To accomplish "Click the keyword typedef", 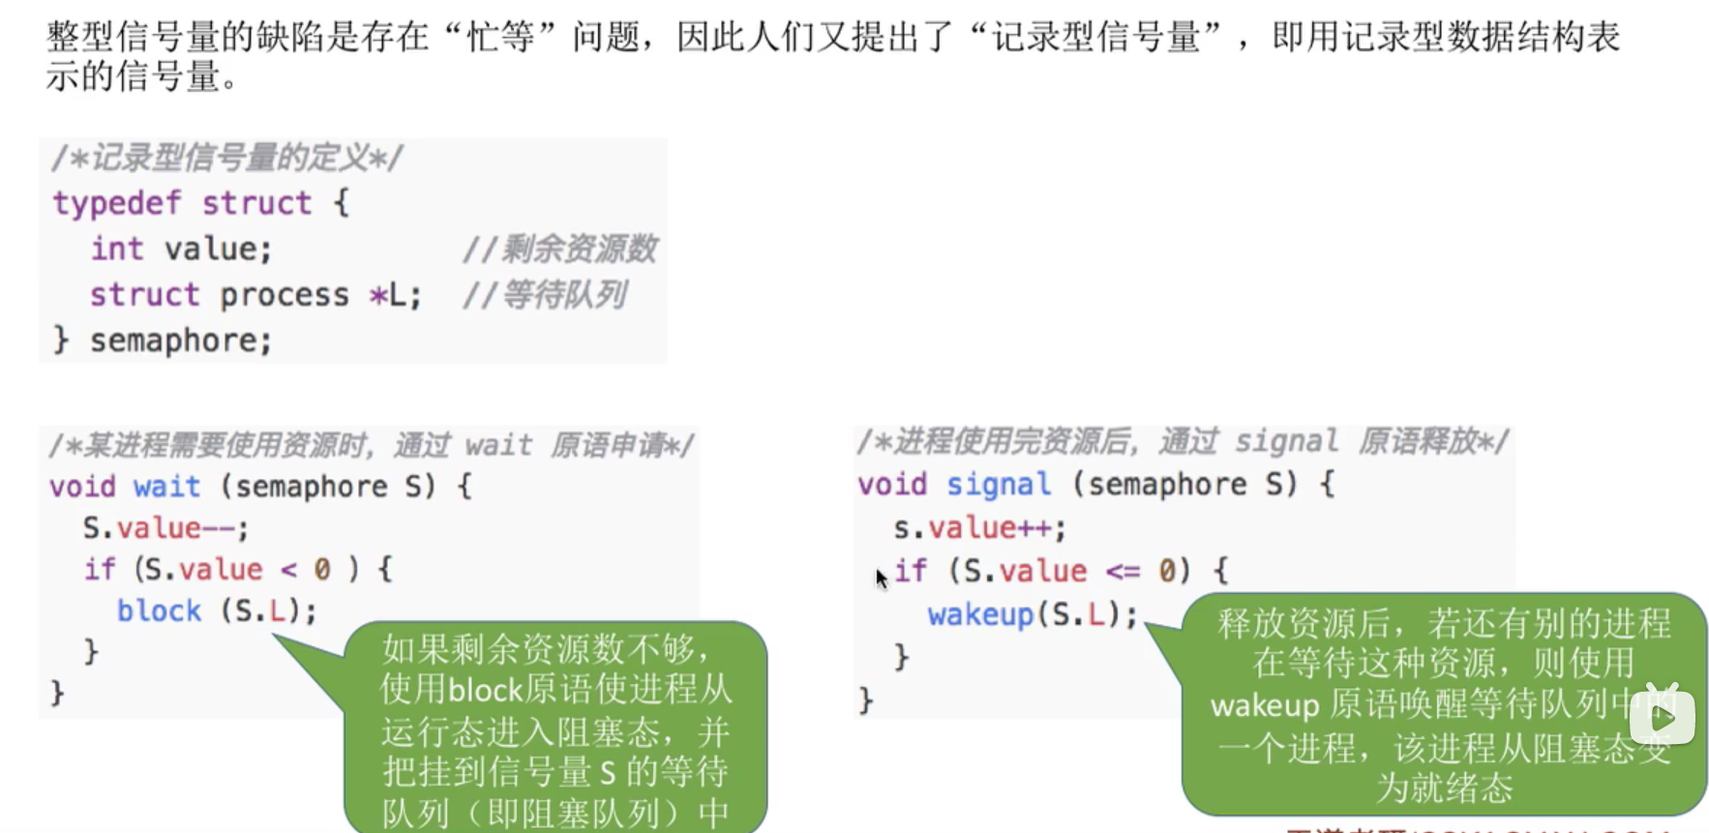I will (x=116, y=203).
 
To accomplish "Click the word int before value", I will (x=117, y=249).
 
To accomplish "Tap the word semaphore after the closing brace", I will (x=180, y=341).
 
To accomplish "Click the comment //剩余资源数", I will (x=559, y=250).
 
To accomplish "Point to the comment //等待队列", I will (x=544, y=295).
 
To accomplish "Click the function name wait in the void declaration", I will (x=166, y=486).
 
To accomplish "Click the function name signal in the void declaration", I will (x=998, y=484).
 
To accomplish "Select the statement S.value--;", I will (x=165, y=528).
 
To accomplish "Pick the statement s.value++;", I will (x=978, y=528).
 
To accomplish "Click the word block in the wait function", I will (x=159, y=610).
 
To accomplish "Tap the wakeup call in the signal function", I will (x=979, y=614).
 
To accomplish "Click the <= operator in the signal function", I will (x=1123, y=571).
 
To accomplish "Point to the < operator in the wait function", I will (x=288, y=570).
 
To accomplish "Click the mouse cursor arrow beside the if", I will (x=881, y=578).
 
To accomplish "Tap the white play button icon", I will (x=1662, y=717).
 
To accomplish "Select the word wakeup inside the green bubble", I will (x=1264, y=705).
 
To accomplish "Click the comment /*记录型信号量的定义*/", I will (x=226, y=158).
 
